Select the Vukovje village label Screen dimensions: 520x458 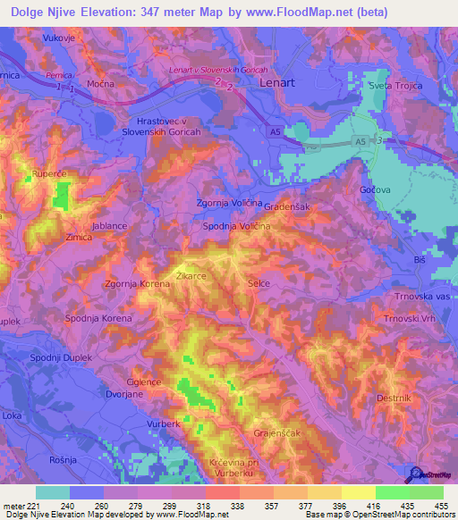point(62,40)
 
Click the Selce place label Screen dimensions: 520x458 point(259,283)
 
